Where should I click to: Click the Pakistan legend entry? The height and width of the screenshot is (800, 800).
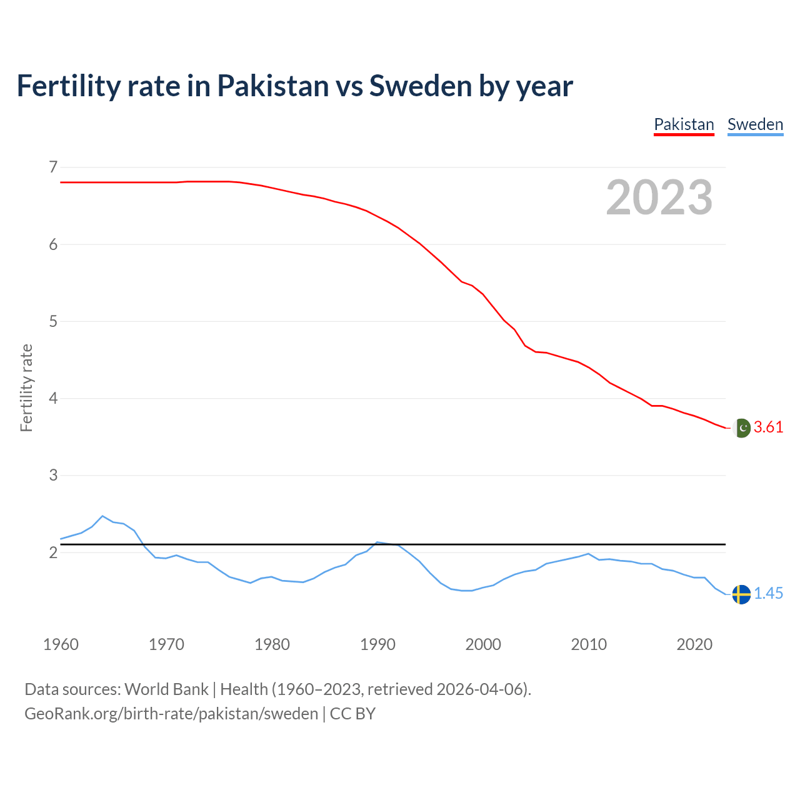point(684,124)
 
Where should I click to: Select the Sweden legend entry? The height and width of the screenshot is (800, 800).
point(755,124)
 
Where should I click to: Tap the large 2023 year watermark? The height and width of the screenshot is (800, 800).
point(659,197)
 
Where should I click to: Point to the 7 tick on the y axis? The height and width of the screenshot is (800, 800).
point(53,167)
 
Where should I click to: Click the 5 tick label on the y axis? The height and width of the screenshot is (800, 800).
point(53,321)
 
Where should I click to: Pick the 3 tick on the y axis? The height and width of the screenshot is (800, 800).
point(53,475)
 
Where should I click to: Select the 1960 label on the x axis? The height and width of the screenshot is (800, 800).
point(61,644)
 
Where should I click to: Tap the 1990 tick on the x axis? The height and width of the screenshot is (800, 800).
point(377,644)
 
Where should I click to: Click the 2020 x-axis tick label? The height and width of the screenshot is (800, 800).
point(694,644)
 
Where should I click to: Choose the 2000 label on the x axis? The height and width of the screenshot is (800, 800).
point(483,644)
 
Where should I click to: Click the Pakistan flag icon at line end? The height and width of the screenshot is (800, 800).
point(741,428)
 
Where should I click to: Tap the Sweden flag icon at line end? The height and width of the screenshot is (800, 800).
point(741,594)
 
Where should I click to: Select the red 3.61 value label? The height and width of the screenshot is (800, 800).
point(768,427)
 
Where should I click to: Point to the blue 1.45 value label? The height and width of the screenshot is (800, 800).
point(768,594)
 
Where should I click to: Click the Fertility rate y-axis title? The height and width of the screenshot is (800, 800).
point(26,387)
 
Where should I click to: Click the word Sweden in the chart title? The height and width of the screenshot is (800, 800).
point(421,86)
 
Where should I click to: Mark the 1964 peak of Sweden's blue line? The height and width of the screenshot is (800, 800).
point(102,516)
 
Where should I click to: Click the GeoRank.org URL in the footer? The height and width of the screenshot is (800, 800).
point(171,714)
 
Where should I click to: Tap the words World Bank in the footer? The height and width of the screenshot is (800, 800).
point(166,689)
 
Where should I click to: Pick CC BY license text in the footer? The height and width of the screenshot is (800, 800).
point(352,714)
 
